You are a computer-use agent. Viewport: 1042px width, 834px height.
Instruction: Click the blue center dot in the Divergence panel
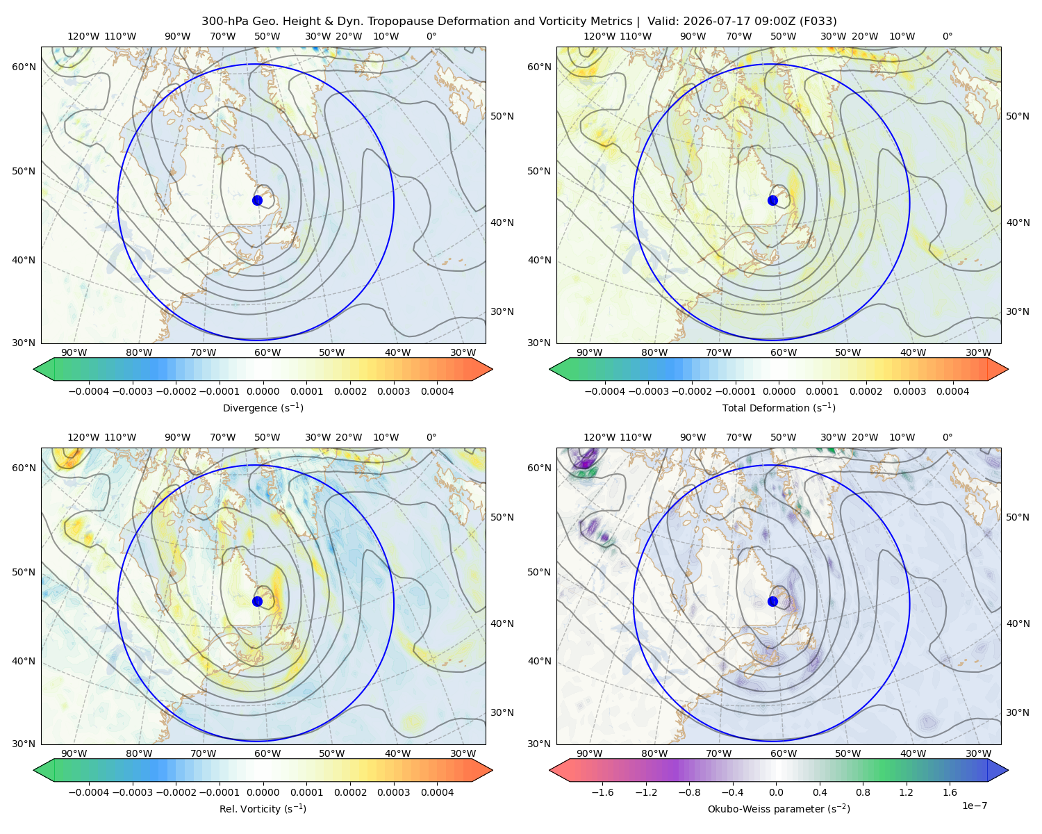click(257, 201)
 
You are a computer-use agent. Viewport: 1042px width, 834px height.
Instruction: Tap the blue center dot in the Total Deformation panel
click(772, 201)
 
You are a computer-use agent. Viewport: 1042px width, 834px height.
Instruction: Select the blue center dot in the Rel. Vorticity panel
click(257, 601)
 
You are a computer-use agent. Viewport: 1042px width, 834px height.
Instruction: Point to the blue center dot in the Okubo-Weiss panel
click(772, 601)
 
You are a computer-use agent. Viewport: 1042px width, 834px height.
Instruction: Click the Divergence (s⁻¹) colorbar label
click(263, 408)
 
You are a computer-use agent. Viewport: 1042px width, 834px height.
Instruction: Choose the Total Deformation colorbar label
click(779, 408)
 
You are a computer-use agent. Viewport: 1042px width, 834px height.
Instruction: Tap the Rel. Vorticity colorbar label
click(263, 809)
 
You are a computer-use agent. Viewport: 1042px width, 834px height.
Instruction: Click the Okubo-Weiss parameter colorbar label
click(779, 809)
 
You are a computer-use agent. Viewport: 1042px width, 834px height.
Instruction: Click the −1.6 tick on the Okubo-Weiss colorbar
click(603, 792)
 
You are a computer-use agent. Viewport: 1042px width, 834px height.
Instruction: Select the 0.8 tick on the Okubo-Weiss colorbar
click(863, 792)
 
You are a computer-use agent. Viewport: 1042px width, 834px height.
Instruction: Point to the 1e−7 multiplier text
click(974, 806)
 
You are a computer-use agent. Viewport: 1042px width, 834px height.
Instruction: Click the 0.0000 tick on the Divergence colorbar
click(263, 391)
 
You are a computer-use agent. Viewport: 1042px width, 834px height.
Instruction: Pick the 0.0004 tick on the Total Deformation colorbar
click(953, 391)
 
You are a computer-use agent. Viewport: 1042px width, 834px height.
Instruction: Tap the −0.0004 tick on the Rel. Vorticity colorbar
click(89, 792)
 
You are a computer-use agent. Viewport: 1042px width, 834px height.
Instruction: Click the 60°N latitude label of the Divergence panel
click(24, 67)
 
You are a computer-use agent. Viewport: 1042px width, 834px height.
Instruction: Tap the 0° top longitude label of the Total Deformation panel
click(947, 36)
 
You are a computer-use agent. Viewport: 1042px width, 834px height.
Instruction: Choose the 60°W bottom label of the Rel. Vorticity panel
click(267, 753)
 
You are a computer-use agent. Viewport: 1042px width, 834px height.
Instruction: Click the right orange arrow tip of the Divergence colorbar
click(493, 369)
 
